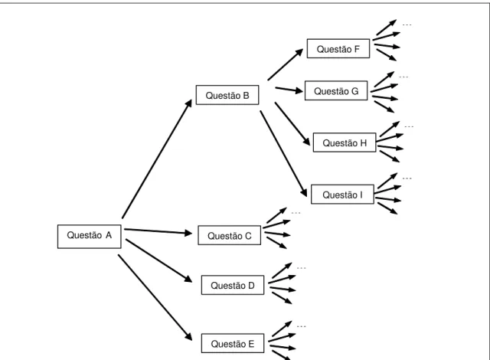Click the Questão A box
click(x=90, y=237)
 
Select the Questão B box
click(x=227, y=95)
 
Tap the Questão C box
click(x=230, y=235)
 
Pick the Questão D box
click(x=233, y=285)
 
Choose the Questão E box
click(x=233, y=343)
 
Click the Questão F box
click(x=338, y=48)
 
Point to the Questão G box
click(x=336, y=90)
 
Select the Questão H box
click(x=345, y=142)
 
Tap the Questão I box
click(x=342, y=195)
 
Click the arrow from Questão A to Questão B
click(x=157, y=159)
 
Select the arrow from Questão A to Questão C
click(x=158, y=231)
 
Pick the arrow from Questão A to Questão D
click(x=158, y=260)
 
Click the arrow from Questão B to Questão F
click(x=286, y=64)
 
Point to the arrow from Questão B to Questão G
click(x=289, y=90)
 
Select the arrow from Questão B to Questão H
click(x=292, y=124)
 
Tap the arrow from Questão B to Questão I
click(x=283, y=154)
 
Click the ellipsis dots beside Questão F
click(x=407, y=25)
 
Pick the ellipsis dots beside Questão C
click(x=296, y=213)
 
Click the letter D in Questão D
click(x=251, y=285)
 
